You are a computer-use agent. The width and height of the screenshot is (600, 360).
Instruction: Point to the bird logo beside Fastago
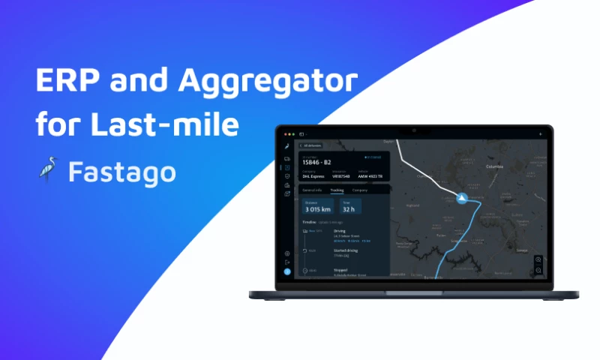(47, 172)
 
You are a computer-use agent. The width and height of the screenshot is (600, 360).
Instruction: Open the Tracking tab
(337, 190)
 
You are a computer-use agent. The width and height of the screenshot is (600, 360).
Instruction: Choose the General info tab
(312, 190)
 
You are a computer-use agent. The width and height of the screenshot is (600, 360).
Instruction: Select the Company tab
(360, 190)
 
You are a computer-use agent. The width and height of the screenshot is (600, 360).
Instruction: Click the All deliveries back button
(313, 145)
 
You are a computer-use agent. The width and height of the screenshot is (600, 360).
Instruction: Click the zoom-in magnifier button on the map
(538, 259)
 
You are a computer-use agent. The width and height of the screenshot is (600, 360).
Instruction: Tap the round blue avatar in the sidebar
(287, 271)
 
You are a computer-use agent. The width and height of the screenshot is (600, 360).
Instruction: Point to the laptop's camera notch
(412, 129)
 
